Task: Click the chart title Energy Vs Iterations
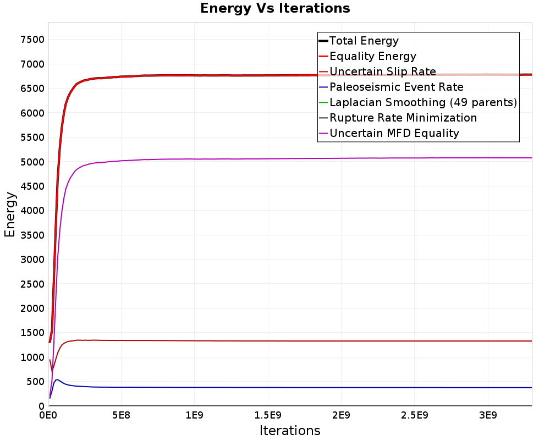(x=275, y=8)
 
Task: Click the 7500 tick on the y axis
(x=32, y=39)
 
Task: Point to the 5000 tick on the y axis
(x=32, y=162)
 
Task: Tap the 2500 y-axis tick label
(x=32, y=284)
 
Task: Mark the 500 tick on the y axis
(x=35, y=382)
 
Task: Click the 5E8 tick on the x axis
(x=121, y=415)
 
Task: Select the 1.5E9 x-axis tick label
(x=268, y=415)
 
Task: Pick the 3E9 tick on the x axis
(x=488, y=415)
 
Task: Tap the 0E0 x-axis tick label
(x=48, y=415)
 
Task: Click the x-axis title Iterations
(x=290, y=430)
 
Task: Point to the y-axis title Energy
(x=10, y=215)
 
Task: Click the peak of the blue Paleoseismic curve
(x=57, y=380)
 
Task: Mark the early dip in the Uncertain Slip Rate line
(x=52, y=371)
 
